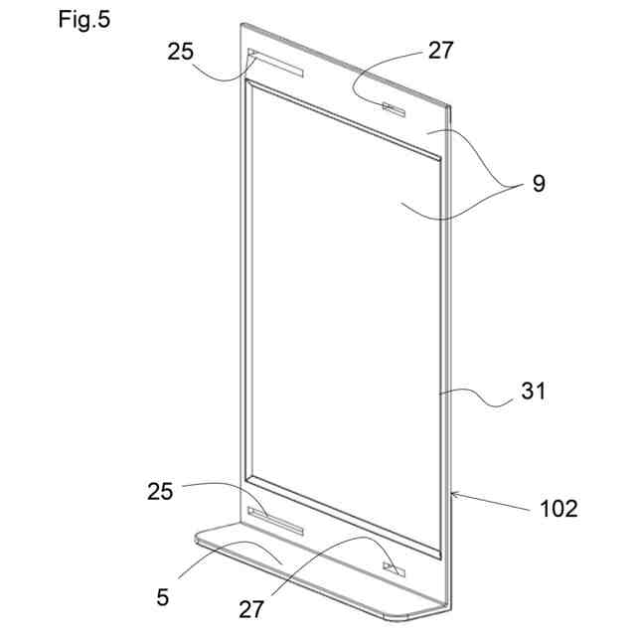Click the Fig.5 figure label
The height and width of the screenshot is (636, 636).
(84, 20)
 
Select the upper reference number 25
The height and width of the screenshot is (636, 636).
(181, 52)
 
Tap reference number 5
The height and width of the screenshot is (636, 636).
(163, 597)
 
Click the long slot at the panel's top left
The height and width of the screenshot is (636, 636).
(277, 66)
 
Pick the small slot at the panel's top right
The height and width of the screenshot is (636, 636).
(395, 107)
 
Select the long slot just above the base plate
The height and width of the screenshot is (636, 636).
(274, 522)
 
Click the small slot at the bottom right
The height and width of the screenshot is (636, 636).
(396, 569)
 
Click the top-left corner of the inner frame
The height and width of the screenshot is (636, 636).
(246, 86)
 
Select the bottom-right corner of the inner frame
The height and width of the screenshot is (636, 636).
(438, 553)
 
